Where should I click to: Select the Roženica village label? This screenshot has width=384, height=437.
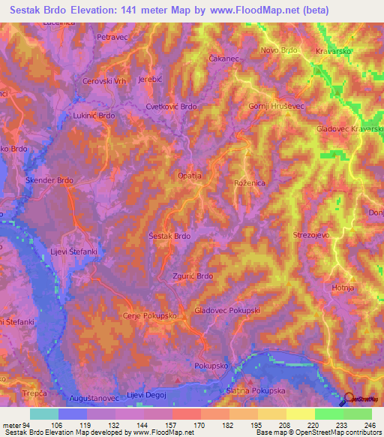point(250,182)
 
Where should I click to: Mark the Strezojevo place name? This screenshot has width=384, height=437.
point(310,235)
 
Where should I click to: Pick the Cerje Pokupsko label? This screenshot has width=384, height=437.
point(149,316)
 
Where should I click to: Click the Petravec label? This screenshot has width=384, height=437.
point(115,36)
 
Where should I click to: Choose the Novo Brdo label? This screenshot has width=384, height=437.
point(280,50)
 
